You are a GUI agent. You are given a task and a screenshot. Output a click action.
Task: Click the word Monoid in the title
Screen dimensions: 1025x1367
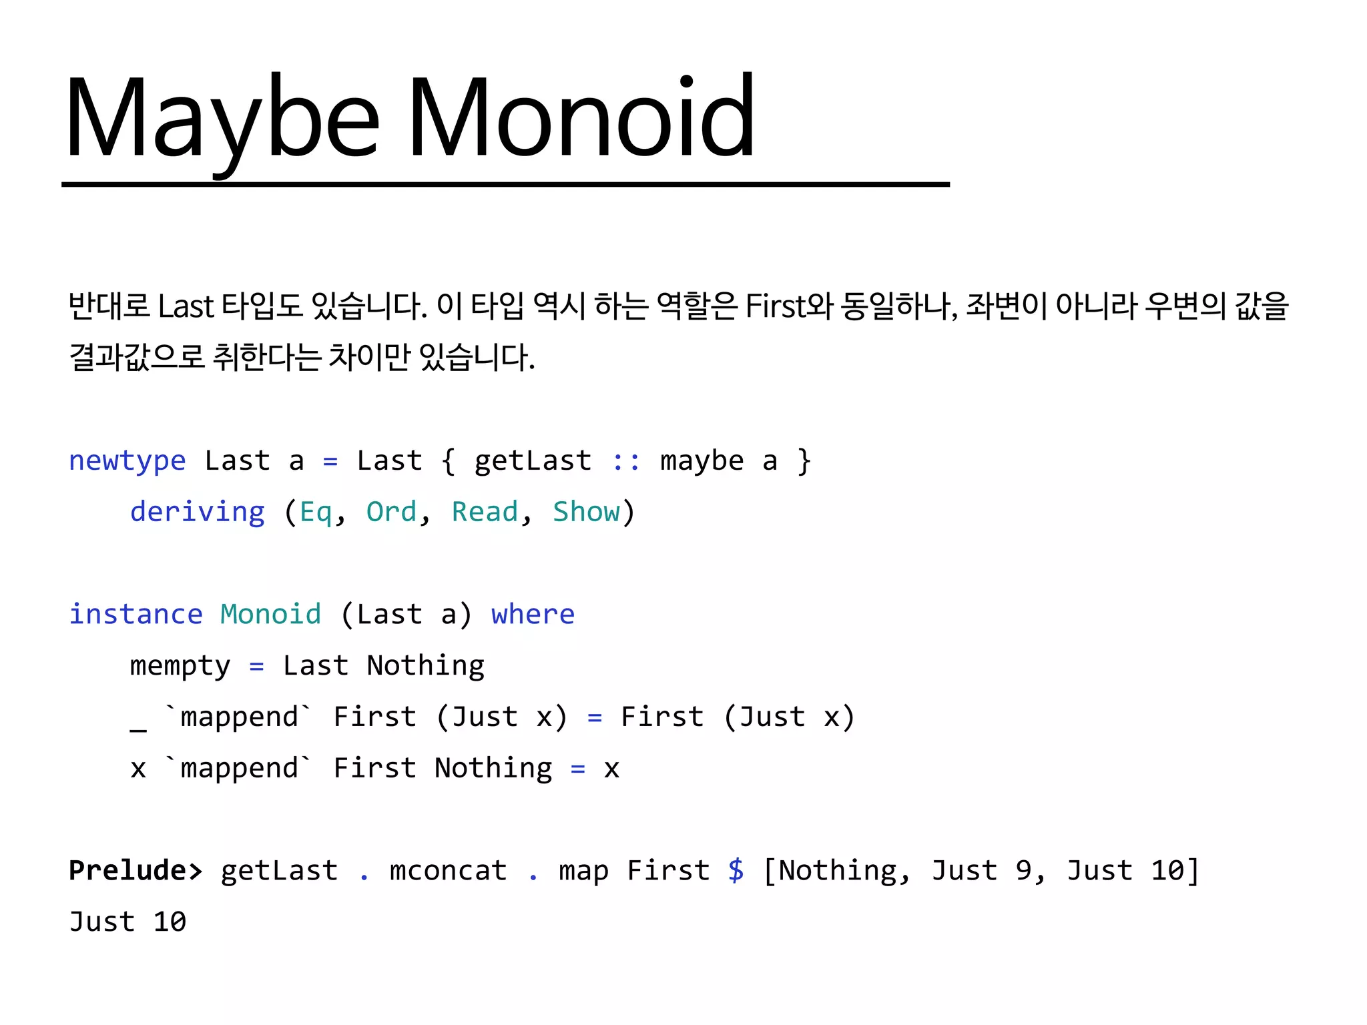(x=581, y=119)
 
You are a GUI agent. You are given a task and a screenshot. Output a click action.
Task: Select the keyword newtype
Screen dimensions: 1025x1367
(x=127, y=461)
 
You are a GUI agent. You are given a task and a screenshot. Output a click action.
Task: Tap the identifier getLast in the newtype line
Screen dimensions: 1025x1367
(x=533, y=461)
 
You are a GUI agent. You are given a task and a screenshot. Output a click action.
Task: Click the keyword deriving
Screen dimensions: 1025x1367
(x=198, y=512)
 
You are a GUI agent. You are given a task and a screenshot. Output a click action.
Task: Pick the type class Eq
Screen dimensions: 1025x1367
(x=316, y=512)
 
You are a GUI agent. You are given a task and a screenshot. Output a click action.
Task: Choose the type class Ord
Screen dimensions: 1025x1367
(x=391, y=512)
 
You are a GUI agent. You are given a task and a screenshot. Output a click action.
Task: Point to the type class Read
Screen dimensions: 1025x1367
(x=485, y=512)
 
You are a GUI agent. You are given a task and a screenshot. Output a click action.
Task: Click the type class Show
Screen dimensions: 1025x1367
(x=586, y=512)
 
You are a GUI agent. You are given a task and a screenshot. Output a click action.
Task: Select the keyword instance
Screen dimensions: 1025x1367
(x=136, y=615)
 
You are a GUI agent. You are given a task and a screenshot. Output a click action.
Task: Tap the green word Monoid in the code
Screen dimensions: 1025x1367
(x=271, y=615)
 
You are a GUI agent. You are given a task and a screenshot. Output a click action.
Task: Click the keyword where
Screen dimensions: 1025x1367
(x=533, y=615)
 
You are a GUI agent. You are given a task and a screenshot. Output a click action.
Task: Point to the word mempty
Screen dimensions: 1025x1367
(x=180, y=666)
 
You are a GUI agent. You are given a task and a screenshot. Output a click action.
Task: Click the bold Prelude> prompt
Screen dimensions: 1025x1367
(x=135, y=871)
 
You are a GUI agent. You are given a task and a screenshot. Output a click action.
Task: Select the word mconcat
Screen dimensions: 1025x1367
(x=449, y=871)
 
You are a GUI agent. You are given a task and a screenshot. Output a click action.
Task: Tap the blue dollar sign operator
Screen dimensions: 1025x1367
(x=736, y=871)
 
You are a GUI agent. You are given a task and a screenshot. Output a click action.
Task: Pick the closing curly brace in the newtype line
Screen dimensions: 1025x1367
(x=804, y=461)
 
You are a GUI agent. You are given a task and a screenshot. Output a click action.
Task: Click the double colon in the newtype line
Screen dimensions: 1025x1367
(x=626, y=461)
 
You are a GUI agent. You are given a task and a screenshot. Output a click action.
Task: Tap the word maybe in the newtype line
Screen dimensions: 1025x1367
(x=702, y=461)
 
